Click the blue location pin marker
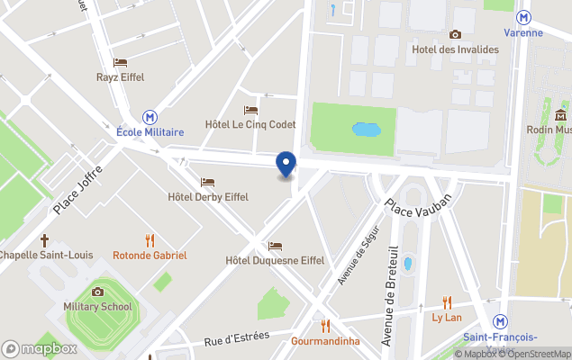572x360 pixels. click(x=286, y=165)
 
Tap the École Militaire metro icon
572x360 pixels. click(x=150, y=117)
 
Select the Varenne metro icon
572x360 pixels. click(x=523, y=17)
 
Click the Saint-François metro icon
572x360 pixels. click(x=502, y=322)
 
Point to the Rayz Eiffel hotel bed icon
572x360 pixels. click(x=120, y=62)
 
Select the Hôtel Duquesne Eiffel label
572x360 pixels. click(x=275, y=260)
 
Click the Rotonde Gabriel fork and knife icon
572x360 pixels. click(x=150, y=240)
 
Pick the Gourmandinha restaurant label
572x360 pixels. click(x=325, y=341)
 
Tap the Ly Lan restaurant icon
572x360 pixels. click(x=447, y=303)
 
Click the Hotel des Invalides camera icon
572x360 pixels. click(x=455, y=34)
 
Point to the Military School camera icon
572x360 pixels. click(x=97, y=292)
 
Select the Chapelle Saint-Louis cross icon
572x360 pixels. click(x=44, y=240)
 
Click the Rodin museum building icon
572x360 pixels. click(x=560, y=114)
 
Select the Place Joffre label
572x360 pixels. click(x=78, y=188)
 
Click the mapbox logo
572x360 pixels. click(x=39, y=348)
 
